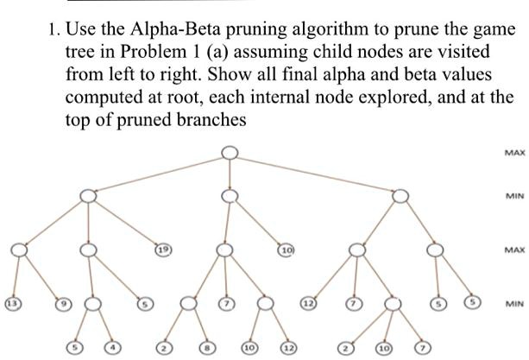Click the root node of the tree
pyautogui.click(x=230, y=153)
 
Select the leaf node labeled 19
pyautogui.click(x=163, y=249)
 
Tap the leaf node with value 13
pyautogui.click(x=12, y=304)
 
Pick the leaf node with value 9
pyautogui.click(x=64, y=304)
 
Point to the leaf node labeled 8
pyautogui.click(x=205, y=348)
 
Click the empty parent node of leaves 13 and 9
pyautogui.click(x=19, y=250)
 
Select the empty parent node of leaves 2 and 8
pyautogui.click(x=189, y=304)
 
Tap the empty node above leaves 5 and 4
pyautogui.click(x=92, y=304)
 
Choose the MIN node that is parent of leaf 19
pyautogui.click(x=88, y=196)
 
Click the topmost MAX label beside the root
pyautogui.click(x=515, y=153)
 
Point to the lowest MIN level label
pyautogui.click(x=515, y=304)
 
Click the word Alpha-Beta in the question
pyautogui.click(x=175, y=29)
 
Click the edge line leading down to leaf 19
pyautogui.click(x=126, y=223)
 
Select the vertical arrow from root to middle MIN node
pyautogui.click(x=230, y=174)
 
